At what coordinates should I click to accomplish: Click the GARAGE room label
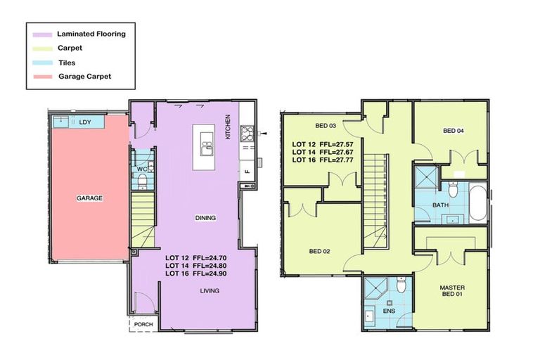[x=89, y=198]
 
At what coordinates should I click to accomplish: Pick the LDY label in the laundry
[x=85, y=122]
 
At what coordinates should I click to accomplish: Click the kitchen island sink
[x=206, y=148]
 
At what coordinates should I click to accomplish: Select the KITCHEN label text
[x=228, y=127]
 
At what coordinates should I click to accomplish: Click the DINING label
[x=205, y=218]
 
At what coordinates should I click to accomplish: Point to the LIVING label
[x=210, y=290]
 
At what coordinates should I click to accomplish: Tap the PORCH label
[x=143, y=324]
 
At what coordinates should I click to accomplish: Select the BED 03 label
[x=325, y=126]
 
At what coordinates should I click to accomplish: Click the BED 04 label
[x=453, y=131]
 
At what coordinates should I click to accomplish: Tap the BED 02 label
[x=319, y=250]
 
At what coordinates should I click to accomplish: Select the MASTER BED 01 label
[x=453, y=291]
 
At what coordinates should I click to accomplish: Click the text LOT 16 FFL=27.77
[x=325, y=160]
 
